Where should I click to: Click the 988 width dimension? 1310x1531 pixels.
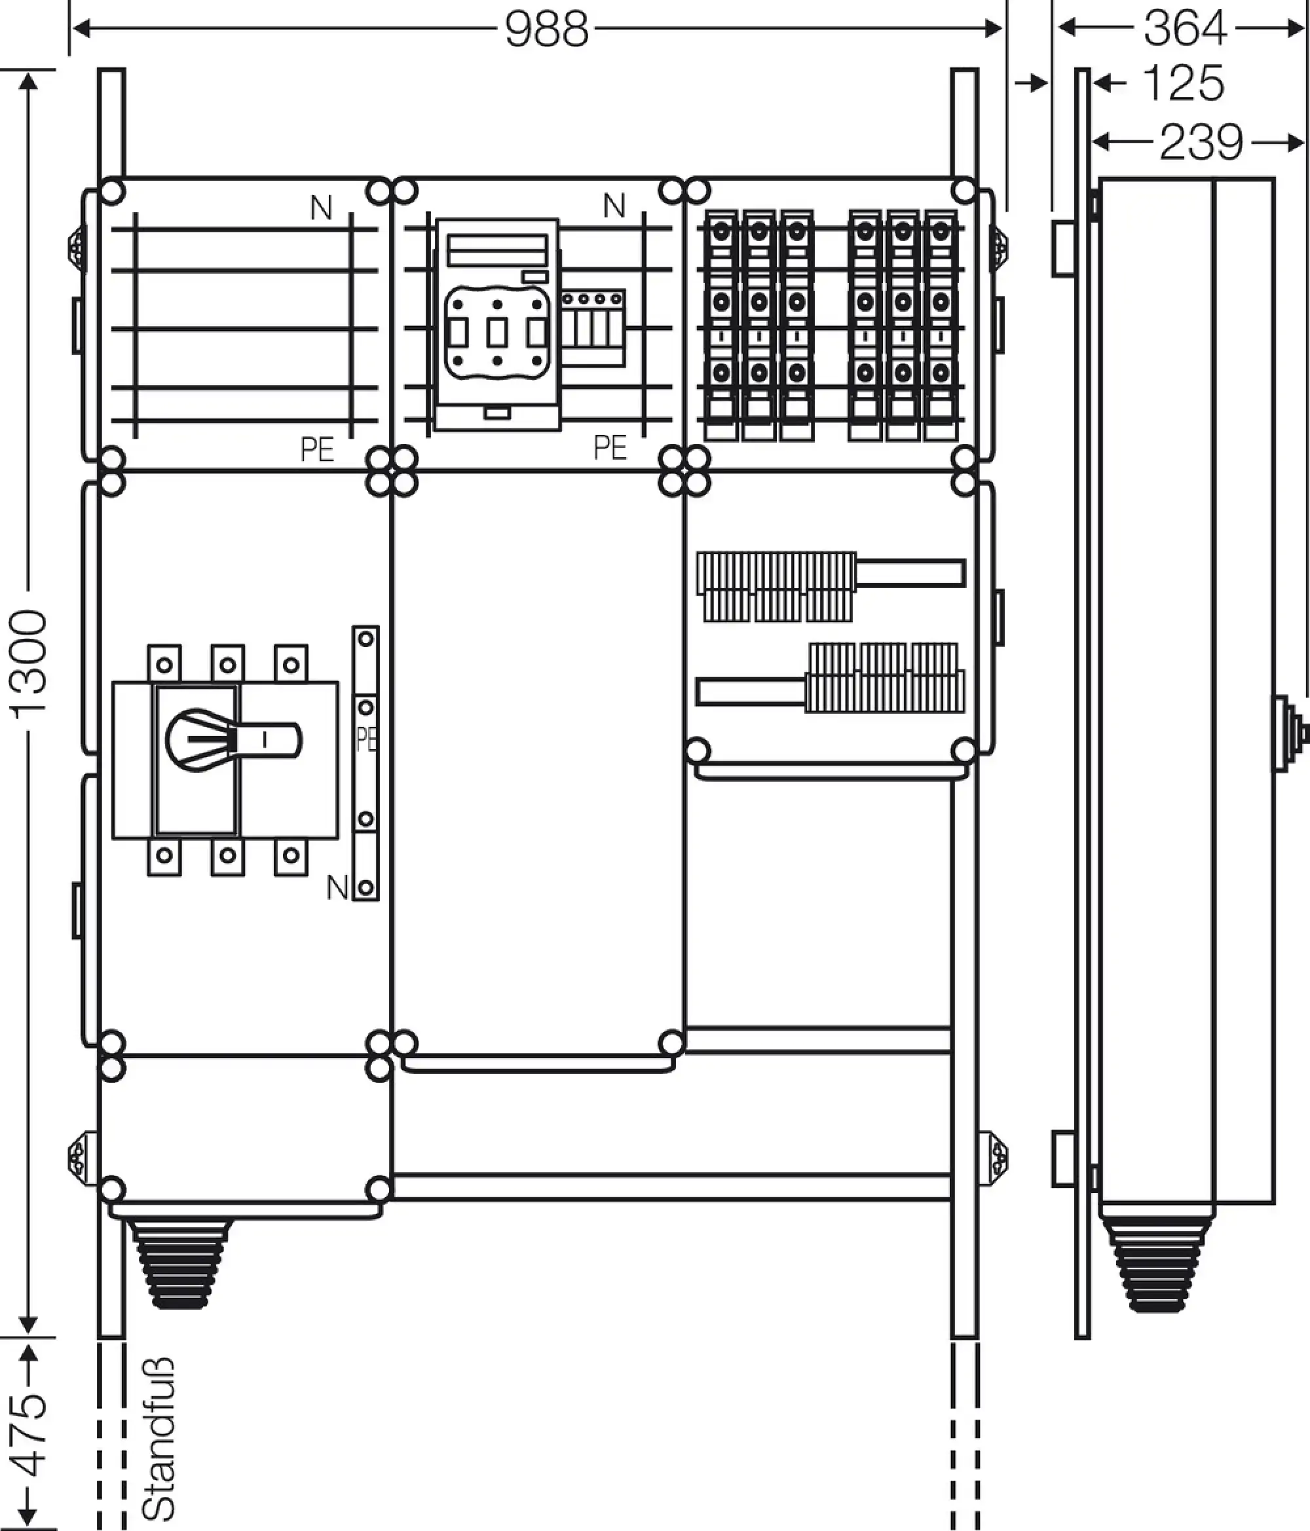click(547, 30)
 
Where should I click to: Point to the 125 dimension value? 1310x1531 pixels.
click(1184, 83)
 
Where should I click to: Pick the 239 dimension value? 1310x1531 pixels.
click(1201, 142)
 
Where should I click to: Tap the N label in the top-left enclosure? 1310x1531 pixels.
click(321, 208)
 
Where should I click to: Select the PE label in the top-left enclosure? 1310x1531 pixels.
click(317, 449)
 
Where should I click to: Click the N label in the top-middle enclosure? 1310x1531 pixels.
click(614, 206)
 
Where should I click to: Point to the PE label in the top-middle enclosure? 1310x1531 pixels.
click(610, 447)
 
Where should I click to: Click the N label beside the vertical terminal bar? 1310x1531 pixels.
click(337, 887)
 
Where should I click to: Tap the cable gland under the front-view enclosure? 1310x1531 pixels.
click(179, 1264)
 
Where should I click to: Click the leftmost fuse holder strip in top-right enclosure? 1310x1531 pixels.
click(722, 325)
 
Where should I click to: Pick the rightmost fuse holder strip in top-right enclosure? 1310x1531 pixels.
click(941, 325)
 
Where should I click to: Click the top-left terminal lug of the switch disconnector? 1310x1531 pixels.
click(164, 663)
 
